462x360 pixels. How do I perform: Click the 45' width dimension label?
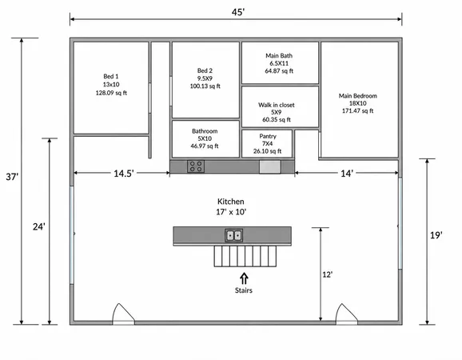(238, 12)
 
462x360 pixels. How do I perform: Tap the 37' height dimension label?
(12, 177)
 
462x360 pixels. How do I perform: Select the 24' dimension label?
(39, 226)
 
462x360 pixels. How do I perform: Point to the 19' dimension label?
(436, 235)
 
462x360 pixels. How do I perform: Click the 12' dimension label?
(328, 274)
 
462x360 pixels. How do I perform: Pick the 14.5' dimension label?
(124, 174)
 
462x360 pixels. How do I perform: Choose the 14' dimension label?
(347, 174)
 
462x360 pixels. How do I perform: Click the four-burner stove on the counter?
(196, 166)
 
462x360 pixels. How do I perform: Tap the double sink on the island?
(233, 235)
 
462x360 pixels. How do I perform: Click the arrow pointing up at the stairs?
(244, 278)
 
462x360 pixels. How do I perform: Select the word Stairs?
(244, 290)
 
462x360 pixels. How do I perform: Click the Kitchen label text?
(231, 202)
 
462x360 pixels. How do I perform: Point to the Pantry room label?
(268, 136)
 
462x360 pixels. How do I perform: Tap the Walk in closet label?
(277, 105)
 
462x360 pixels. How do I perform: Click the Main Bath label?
(279, 56)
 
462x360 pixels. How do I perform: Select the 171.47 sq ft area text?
(358, 111)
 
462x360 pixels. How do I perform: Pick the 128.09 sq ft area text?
(111, 93)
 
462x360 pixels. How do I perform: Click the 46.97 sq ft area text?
(205, 146)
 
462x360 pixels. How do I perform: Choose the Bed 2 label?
(205, 70)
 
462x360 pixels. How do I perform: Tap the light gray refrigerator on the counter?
(270, 167)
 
